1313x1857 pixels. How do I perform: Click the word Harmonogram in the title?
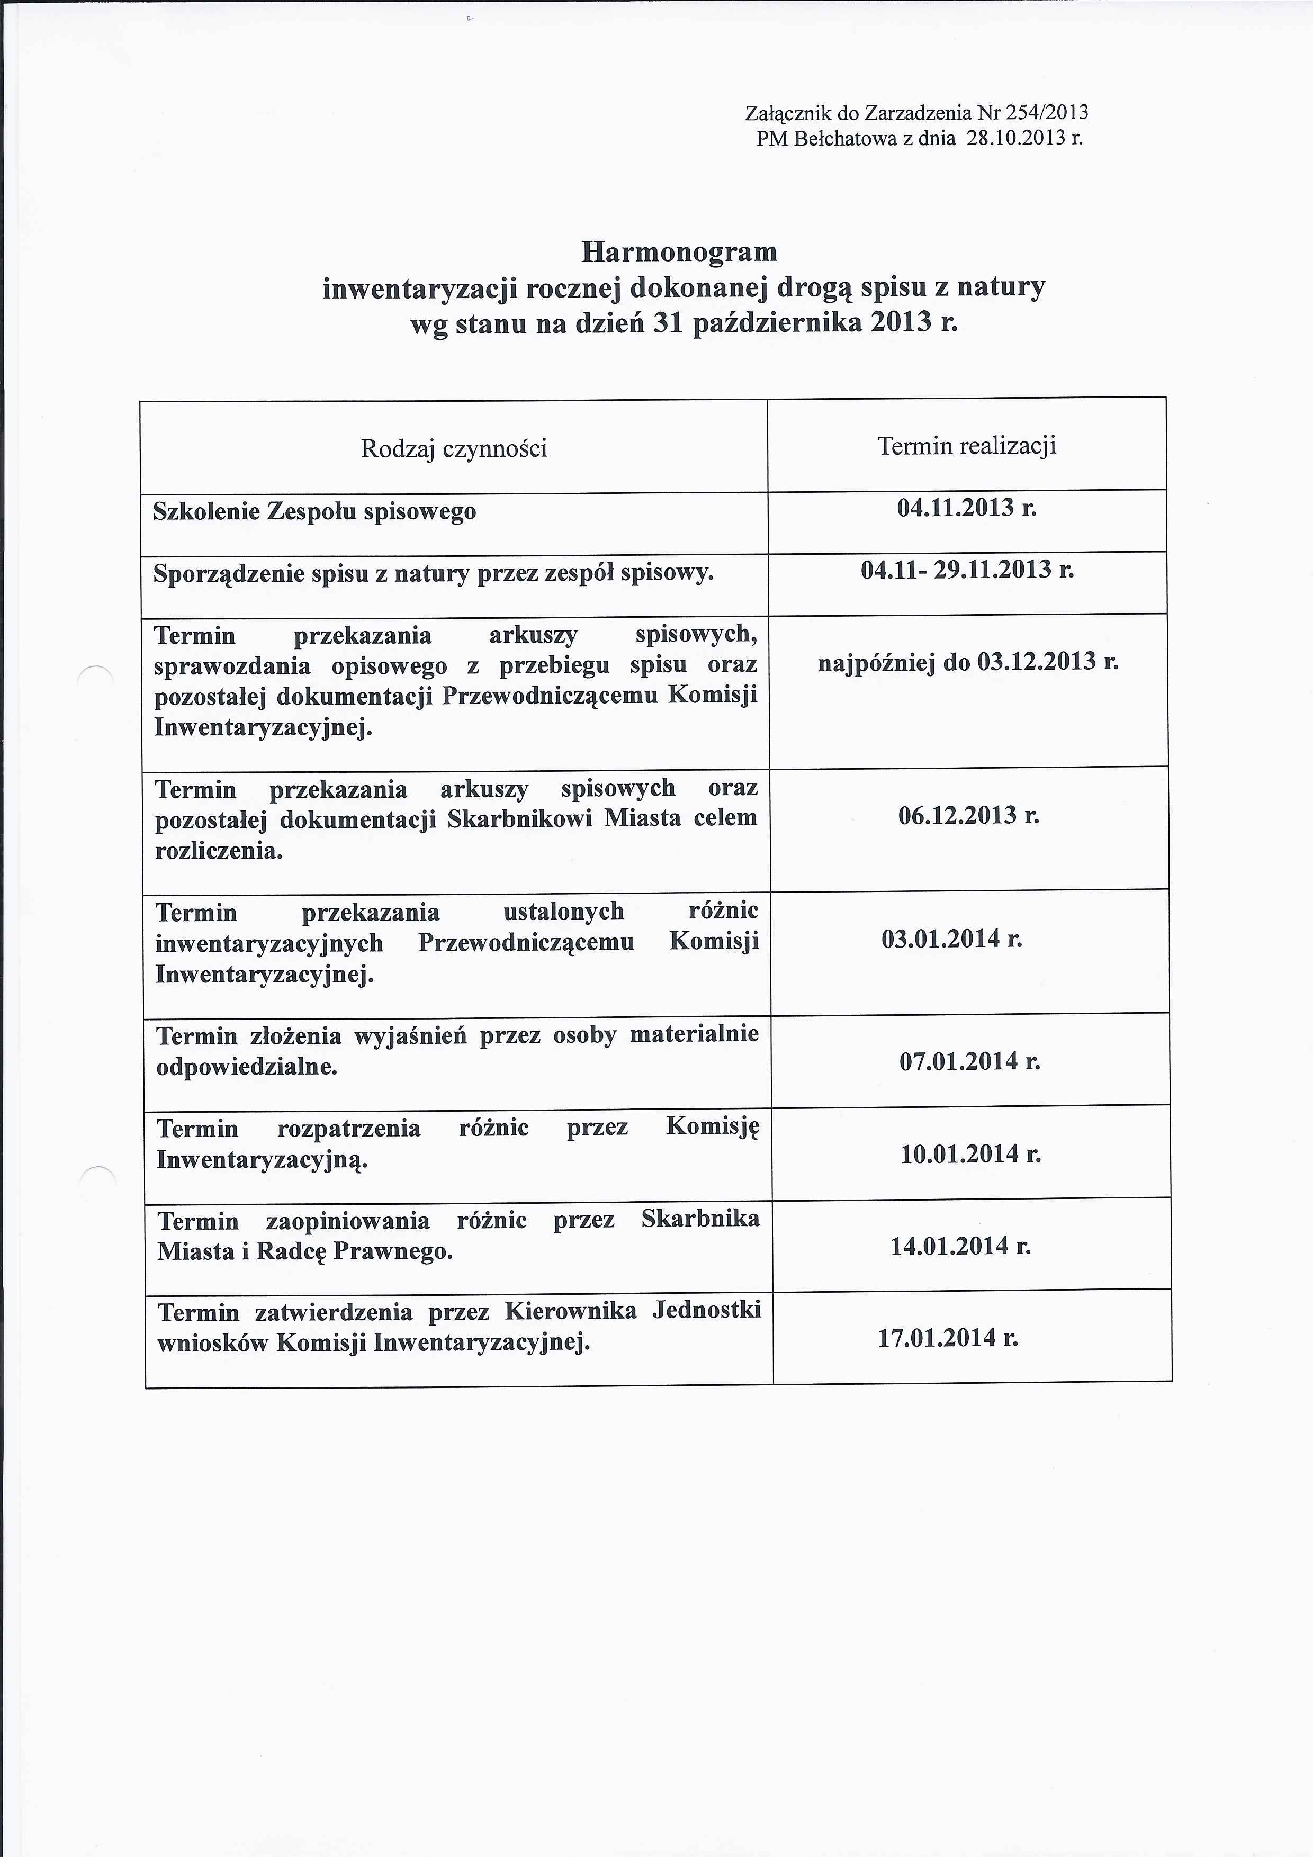679,253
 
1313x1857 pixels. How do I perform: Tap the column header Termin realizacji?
967,446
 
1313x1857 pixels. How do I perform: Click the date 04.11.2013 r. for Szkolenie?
967,508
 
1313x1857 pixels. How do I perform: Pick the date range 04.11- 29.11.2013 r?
967,570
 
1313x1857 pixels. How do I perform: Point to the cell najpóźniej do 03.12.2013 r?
968,662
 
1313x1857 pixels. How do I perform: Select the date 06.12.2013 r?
968,815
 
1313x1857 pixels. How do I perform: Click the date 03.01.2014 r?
952,939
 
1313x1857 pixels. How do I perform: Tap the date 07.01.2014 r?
969,1061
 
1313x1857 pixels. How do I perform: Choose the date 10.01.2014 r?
970,1153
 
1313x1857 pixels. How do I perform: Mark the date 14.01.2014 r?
960,1246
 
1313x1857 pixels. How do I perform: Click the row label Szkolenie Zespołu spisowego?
314,512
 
